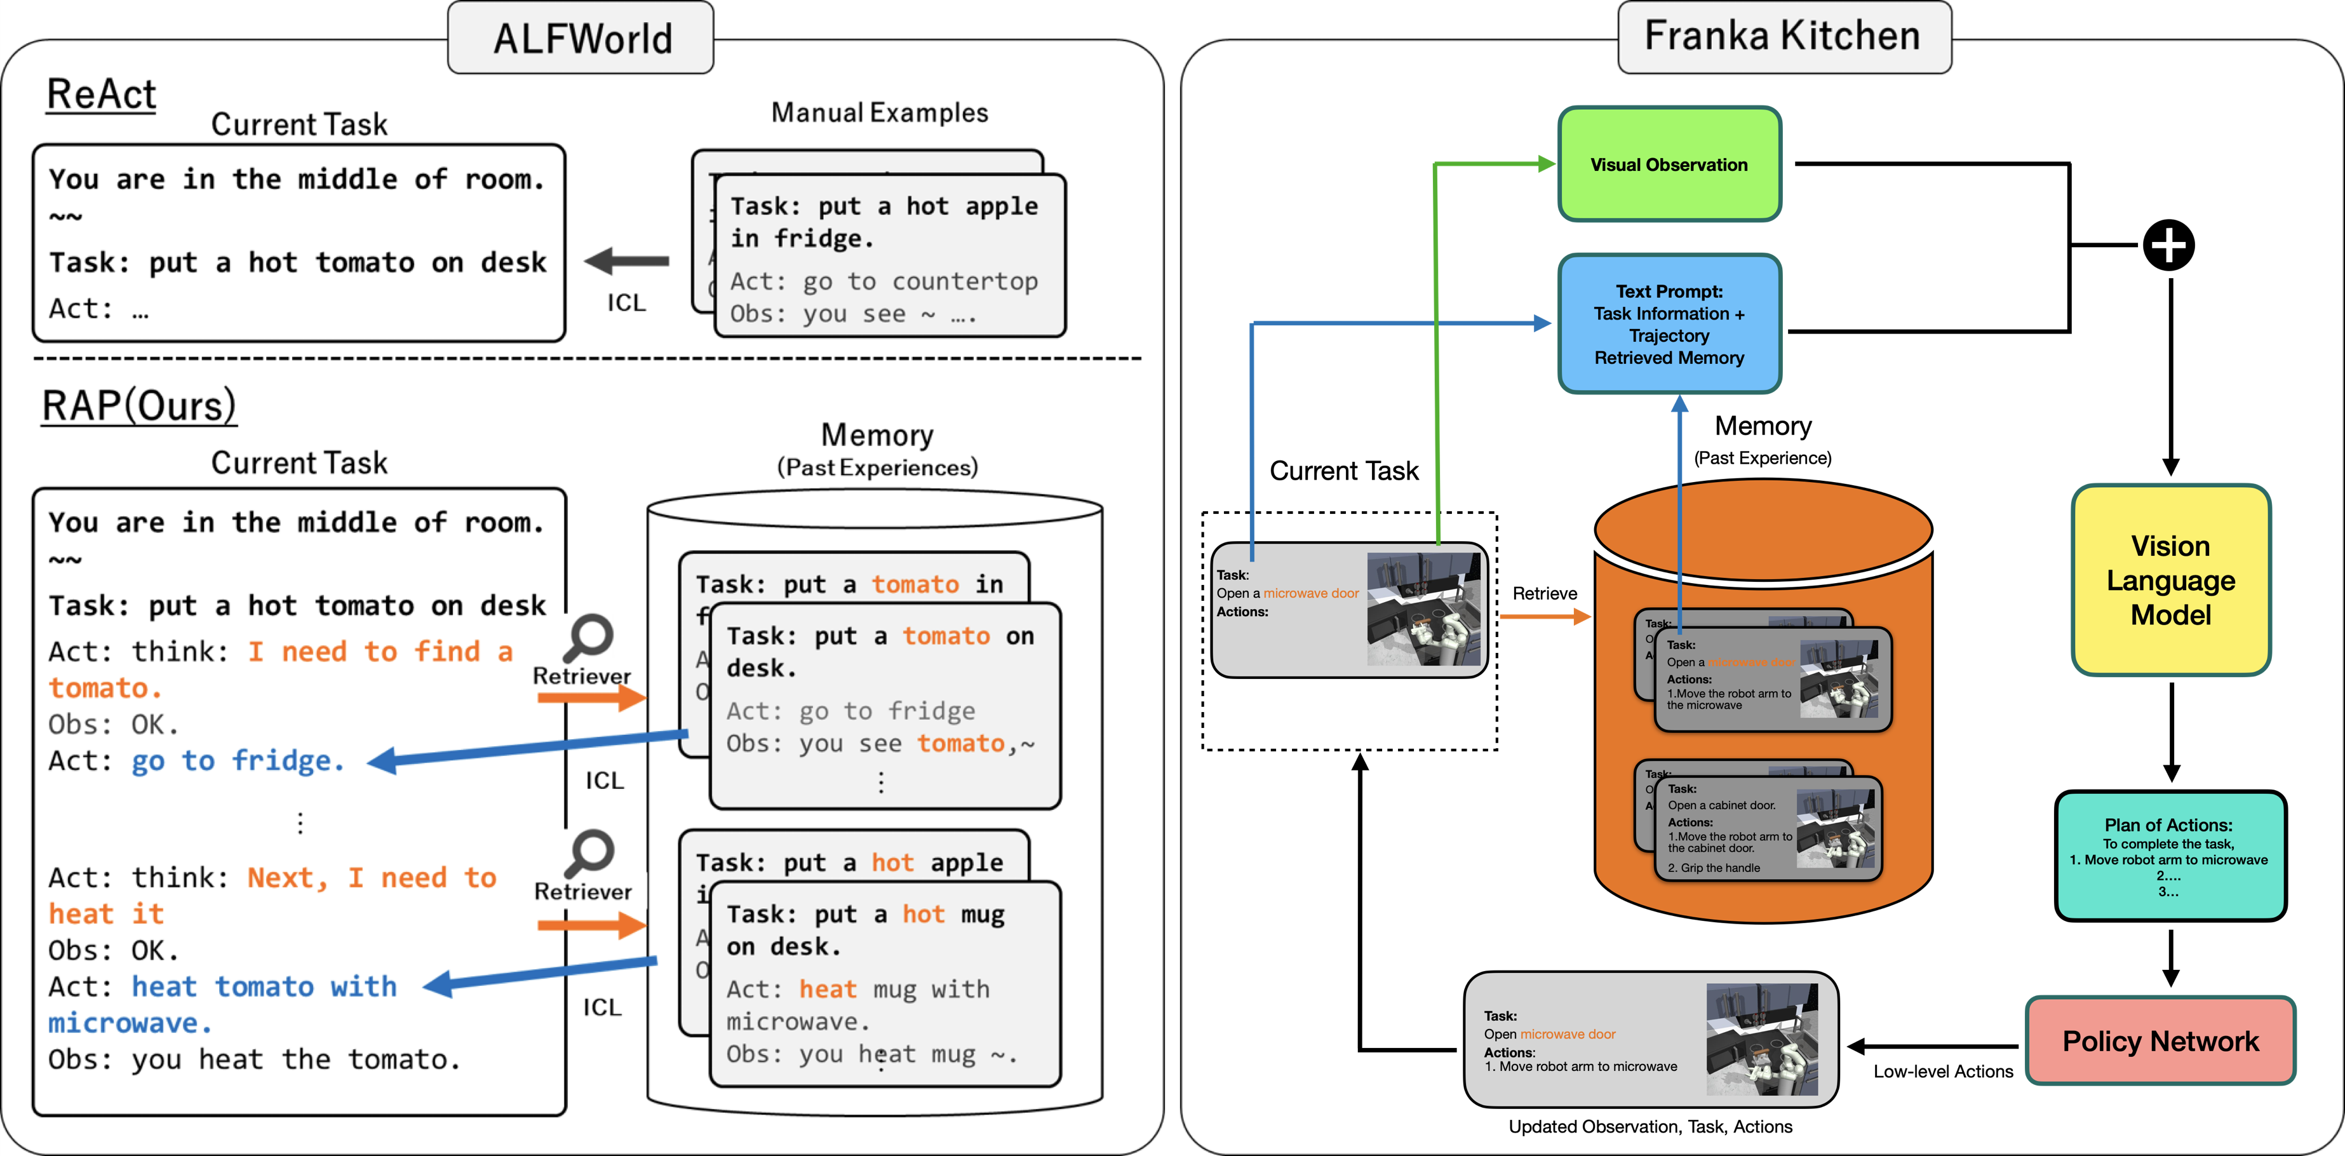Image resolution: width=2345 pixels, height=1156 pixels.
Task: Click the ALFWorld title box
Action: click(581, 38)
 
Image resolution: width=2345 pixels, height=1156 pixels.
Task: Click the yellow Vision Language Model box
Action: click(2170, 580)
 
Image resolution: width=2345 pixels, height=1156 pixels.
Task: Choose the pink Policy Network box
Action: click(2160, 1040)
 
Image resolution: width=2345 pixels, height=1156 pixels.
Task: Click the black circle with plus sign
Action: click(2168, 245)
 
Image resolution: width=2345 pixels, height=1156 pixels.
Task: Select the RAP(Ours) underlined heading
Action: click(139, 406)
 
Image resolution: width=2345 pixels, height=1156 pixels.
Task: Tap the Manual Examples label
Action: click(879, 113)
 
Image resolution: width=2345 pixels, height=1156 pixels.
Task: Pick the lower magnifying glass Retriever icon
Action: click(589, 853)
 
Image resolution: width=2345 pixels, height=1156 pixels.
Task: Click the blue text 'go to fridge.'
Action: click(238, 761)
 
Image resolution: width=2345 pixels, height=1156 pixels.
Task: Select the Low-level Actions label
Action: click(1943, 1072)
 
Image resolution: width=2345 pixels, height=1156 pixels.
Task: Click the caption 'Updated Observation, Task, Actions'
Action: click(1650, 1127)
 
